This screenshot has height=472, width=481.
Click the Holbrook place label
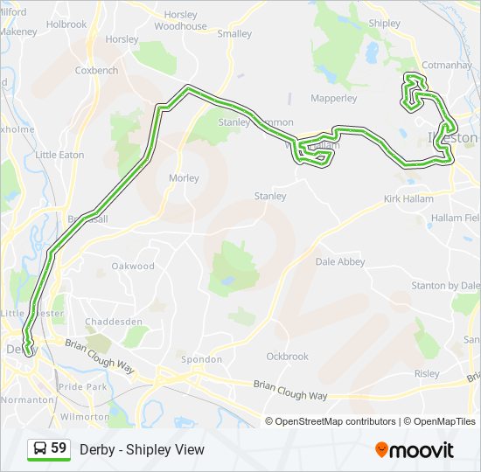[x=67, y=24]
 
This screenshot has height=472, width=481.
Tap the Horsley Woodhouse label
[x=180, y=21]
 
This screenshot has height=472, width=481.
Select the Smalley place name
[x=234, y=34]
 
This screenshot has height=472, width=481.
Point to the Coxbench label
[x=97, y=70]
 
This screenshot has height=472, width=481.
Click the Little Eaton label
[x=60, y=155]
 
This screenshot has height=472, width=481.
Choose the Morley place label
[x=184, y=178]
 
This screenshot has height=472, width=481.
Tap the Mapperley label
[x=334, y=99]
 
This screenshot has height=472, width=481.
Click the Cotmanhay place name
[x=447, y=65]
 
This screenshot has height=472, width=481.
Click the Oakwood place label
[x=133, y=266]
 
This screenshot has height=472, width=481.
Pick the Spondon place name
[x=195, y=359]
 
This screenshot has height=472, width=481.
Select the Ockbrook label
[x=288, y=357]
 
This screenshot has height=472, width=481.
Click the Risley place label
[x=428, y=373]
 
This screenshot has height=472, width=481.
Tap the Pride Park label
[x=84, y=385]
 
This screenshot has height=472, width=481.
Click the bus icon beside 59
[x=39, y=449]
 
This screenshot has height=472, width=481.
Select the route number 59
[x=59, y=449]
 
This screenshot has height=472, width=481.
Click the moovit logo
[x=415, y=450]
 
